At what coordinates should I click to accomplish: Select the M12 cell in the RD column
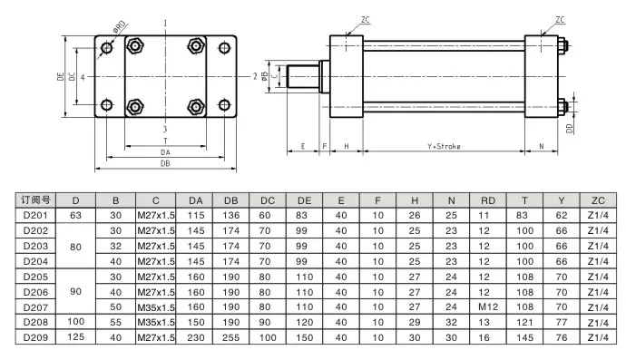[489, 307]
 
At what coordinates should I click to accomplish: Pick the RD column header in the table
[489, 199]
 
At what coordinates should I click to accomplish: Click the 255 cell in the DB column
[231, 338]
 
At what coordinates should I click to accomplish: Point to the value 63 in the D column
[76, 215]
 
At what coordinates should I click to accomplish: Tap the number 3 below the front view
[164, 131]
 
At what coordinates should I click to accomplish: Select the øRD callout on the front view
[119, 27]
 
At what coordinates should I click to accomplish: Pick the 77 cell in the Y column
[562, 323]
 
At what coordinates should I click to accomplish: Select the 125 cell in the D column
[76, 338]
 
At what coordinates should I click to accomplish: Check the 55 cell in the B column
[115, 323]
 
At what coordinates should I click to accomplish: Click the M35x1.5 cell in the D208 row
[155, 323]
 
